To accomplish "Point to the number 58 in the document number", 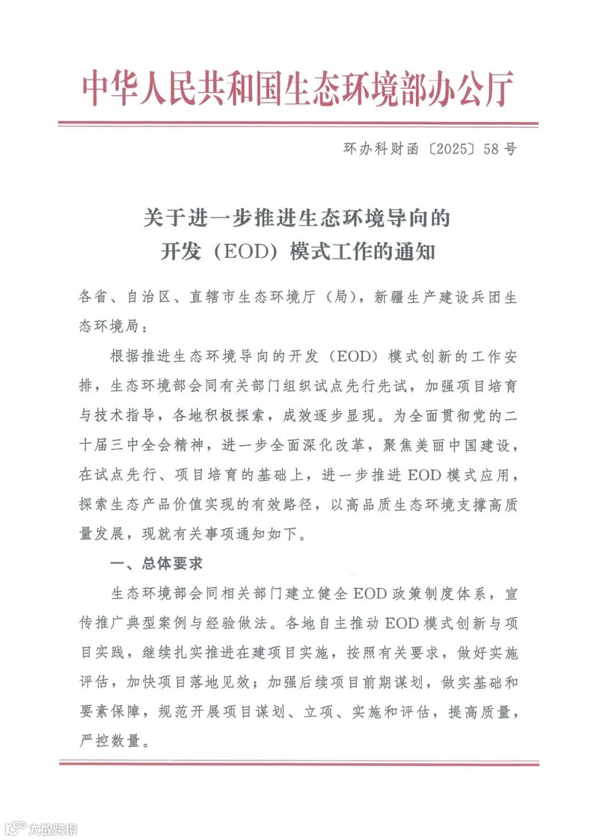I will tap(491, 149).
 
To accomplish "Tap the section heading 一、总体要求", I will tap(157, 563).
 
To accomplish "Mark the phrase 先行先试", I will tap(376, 386).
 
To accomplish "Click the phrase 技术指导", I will tap(126, 416).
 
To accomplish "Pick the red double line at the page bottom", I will tap(298, 763).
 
